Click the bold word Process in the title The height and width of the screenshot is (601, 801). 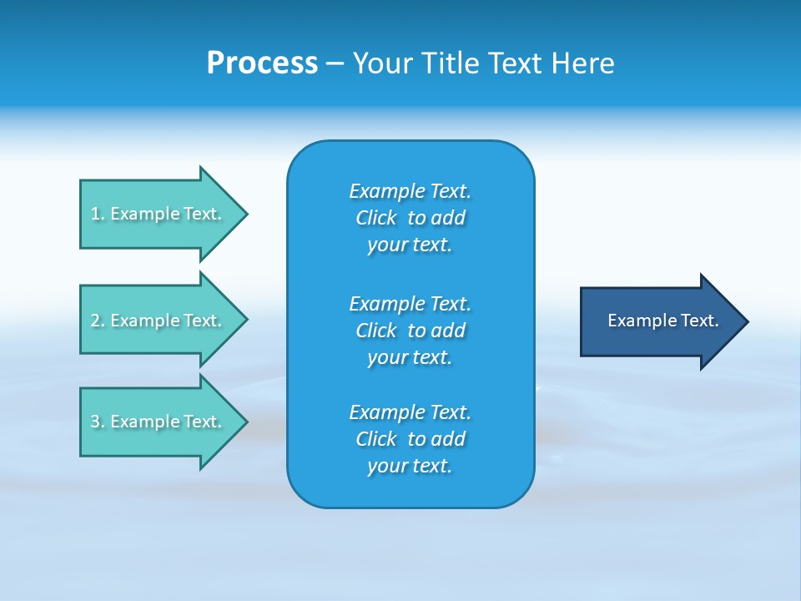coord(262,63)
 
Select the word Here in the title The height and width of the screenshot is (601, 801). coord(583,63)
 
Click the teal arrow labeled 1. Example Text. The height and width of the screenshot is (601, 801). coord(159,214)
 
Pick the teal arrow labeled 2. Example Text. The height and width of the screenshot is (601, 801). coord(159,321)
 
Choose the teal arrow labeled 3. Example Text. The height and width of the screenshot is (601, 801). coord(159,422)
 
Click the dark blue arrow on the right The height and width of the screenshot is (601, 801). coord(659,321)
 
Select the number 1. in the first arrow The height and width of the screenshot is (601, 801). coord(97,214)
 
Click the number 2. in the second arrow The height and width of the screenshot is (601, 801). coord(97,321)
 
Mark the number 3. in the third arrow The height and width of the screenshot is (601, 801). coord(97,422)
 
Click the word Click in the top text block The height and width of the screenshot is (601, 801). coord(375,218)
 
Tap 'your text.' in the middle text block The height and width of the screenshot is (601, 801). coord(410,357)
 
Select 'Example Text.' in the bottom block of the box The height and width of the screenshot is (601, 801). coord(410,412)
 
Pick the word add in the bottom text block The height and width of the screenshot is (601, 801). coord(448,439)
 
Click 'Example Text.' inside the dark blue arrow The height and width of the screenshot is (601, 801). coord(662,321)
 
